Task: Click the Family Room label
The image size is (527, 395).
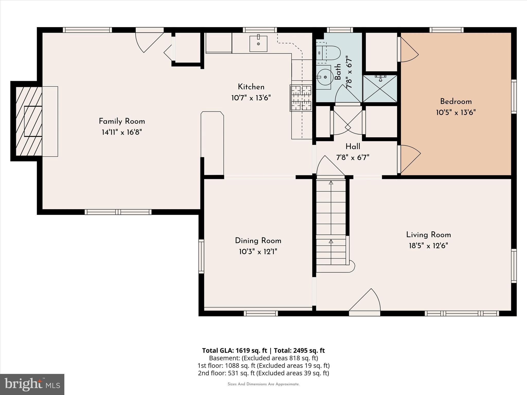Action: [x=122, y=121]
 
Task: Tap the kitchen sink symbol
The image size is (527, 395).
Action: [x=258, y=44]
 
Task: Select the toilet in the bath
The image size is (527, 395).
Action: [x=331, y=53]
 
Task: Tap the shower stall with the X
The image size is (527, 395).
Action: [x=380, y=89]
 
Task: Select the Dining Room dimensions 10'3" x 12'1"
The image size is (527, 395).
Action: [x=258, y=252]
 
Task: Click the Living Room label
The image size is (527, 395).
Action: [x=428, y=235]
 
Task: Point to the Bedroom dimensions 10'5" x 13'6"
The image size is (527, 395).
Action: [x=456, y=112]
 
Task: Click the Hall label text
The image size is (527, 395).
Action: [x=353, y=147]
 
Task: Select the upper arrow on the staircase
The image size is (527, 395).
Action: [x=331, y=183]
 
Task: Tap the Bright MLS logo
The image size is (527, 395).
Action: [x=32, y=384]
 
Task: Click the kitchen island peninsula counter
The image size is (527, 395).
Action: [x=212, y=143]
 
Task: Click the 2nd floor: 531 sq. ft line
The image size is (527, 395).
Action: [x=263, y=373]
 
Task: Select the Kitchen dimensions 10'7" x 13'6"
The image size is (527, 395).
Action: [x=251, y=98]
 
